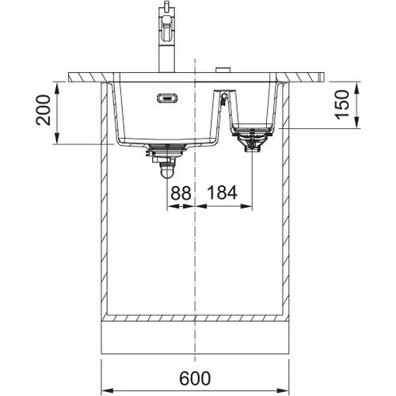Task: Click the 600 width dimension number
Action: click(195, 379)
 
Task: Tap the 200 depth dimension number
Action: click(44, 110)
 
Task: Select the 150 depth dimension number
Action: click(342, 105)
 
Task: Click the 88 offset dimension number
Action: click(181, 192)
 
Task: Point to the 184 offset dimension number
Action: click(223, 192)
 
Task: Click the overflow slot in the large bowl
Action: click(167, 98)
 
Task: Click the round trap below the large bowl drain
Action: click(167, 171)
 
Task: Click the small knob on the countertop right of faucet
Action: click(223, 70)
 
